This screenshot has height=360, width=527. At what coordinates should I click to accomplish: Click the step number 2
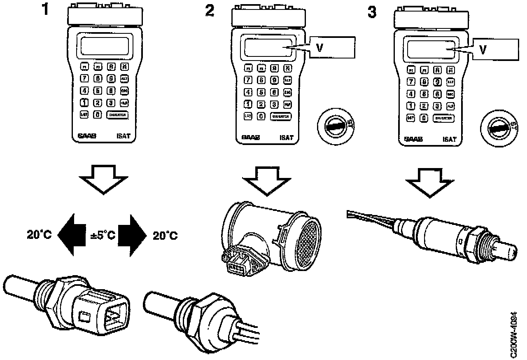click(210, 10)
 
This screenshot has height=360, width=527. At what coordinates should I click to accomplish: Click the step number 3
click(372, 11)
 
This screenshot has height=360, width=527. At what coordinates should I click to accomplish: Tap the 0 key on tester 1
click(97, 115)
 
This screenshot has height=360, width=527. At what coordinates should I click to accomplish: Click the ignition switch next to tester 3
click(498, 128)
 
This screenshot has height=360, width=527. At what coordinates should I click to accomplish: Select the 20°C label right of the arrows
click(166, 236)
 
